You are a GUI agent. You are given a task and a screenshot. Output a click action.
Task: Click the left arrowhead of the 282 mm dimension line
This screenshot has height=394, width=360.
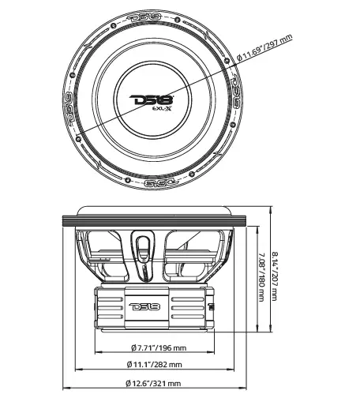(x=78, y=358)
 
